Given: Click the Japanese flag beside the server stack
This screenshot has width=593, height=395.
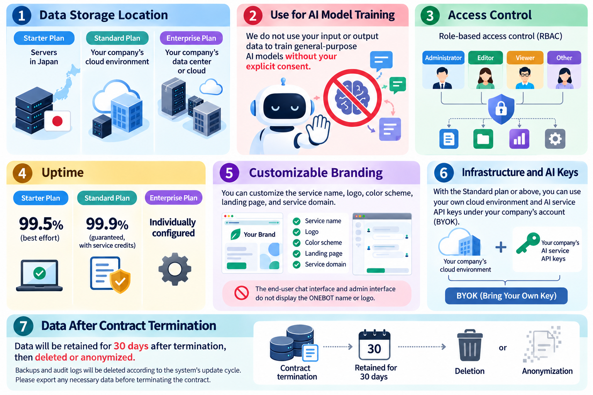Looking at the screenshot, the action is pyautogui.click(x=58, y=121).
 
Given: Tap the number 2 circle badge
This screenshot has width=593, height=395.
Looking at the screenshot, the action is pyautogui.click(x=253, y=15).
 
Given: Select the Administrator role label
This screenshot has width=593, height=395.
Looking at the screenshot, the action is pyautogui.click(x=443, y=58).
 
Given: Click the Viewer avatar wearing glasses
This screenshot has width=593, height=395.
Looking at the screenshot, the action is pyautogui.click(x=525, y=78).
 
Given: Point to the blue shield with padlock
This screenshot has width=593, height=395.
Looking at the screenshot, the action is pyautogui.click(x=501, y=109).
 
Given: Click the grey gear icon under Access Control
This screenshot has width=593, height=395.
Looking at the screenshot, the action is pyautogui.click(x=555, y=139).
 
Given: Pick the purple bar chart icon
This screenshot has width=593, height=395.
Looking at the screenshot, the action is pyautogui.click(x=519, y=139).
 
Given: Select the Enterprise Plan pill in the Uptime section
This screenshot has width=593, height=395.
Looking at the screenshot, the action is pyautogui.click(x=173, y=198).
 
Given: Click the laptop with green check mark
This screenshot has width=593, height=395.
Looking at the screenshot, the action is pyautogui.click(x=39, y=275).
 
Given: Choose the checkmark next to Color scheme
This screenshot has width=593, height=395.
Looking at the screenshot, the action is pyautogui.click(x=296, y=243).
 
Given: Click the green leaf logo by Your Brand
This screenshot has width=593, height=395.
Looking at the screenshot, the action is pyautogui.click(x=236, y=234).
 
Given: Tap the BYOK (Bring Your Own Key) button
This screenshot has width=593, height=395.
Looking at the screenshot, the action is pyautogui.click(x=506, y=296).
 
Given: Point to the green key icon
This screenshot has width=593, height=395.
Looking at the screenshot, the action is pyautogui.click(x=528, y=243).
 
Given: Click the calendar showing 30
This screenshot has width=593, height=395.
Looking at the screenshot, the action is pyautogui.click(x=374, y=345).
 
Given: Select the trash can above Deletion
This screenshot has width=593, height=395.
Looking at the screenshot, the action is pyautogui.click(x=469, y=345).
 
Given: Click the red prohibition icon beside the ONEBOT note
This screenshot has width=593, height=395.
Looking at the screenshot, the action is pyautogui.click(x=241, y=293).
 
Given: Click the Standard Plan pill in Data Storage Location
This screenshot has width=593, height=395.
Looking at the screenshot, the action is pyautogui.click(x=117, y=38).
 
